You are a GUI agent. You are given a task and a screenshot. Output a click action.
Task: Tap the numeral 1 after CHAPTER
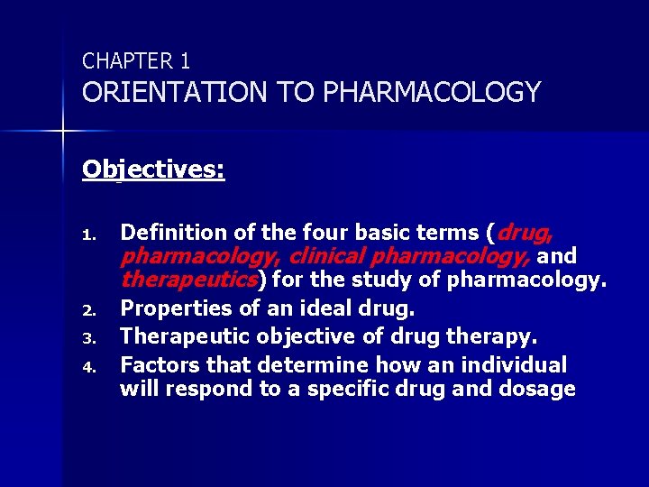tap(184, 61)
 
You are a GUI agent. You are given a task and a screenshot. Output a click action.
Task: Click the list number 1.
tap(88, 235)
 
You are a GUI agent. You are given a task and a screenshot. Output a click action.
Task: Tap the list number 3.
tap(88, 339)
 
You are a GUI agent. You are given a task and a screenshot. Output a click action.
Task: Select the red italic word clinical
tap(327, 256)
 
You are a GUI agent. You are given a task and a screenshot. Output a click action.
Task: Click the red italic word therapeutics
tap(187, 279)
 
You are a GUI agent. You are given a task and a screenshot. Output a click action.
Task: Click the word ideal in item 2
tap(330, 308)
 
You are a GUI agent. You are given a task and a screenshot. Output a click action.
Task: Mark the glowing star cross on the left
tap(63, 132)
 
